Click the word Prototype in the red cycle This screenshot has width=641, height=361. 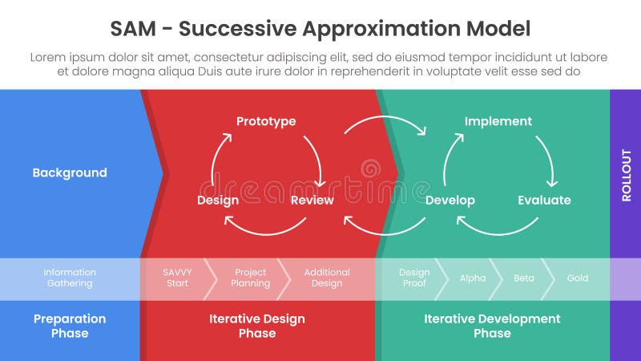(266, 121)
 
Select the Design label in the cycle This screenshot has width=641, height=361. (218, 200)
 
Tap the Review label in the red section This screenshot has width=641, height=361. (312, 200)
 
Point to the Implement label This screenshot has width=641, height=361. (498, 121)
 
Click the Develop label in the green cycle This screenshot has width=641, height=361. (450, 200)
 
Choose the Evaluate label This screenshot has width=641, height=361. (544, 200)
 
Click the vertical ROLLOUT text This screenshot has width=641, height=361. (626, 175)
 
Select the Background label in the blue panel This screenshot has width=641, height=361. (70, 172)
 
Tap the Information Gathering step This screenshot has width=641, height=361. (70, 278)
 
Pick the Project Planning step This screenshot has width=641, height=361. (250, 278)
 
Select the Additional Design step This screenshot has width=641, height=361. (327, 278)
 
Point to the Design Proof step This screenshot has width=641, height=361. (414, 278)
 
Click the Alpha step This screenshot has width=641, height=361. (473, 278)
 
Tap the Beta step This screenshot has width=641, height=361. (523, 278)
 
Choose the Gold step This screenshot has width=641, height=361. (577, 278)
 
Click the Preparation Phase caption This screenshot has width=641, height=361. (70, 326)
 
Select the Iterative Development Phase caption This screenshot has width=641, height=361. (492, 326)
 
